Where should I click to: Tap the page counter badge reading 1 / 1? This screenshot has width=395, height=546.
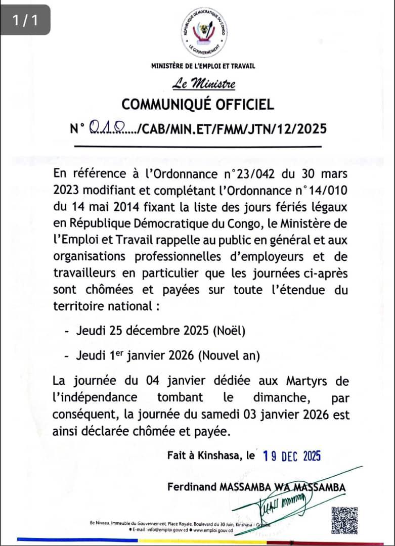25,20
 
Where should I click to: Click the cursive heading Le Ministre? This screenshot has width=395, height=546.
203,83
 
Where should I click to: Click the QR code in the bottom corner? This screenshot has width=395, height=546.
345,520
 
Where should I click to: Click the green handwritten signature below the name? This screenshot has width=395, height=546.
283,503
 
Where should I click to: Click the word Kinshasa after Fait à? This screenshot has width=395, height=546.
216,456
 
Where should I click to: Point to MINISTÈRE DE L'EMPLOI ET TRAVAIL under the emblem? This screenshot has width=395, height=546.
203,65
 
